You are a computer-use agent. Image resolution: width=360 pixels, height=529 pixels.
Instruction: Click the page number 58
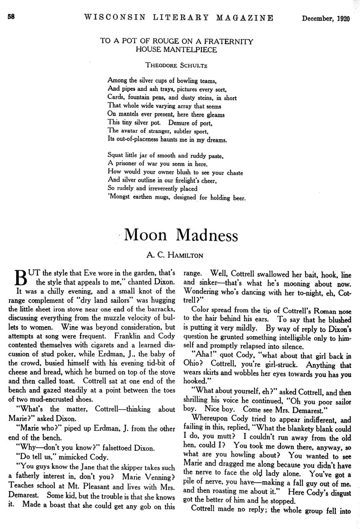click(11, 17)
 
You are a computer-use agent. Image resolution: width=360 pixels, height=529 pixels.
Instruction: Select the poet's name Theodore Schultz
click(176, 65)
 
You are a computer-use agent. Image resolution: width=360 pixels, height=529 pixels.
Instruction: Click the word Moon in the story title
click(146, 235)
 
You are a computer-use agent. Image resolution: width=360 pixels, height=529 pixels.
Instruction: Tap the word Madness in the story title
click(207, 235)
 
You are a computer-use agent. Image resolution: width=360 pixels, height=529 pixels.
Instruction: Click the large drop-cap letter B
click(20, 278)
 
